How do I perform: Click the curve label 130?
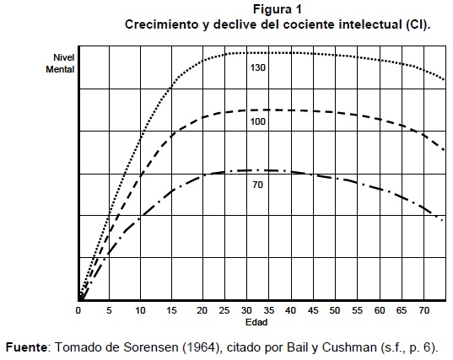(257, 67)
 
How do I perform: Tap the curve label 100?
(257, 121)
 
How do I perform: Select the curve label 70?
(257, 185)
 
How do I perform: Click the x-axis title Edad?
(256, 322)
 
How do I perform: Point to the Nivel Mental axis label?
(60, 63)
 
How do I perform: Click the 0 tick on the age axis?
(78, 310)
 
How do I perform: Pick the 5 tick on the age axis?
(109, 310)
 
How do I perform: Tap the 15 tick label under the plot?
(171, 310)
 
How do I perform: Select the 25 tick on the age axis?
(224, 310)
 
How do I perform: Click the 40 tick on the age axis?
(290, 310)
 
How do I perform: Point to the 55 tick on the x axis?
(357, 310)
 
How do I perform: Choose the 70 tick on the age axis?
(423, 310)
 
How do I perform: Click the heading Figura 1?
(278, 9)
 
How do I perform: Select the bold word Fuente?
(26, 347)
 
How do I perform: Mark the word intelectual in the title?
(370, 24)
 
